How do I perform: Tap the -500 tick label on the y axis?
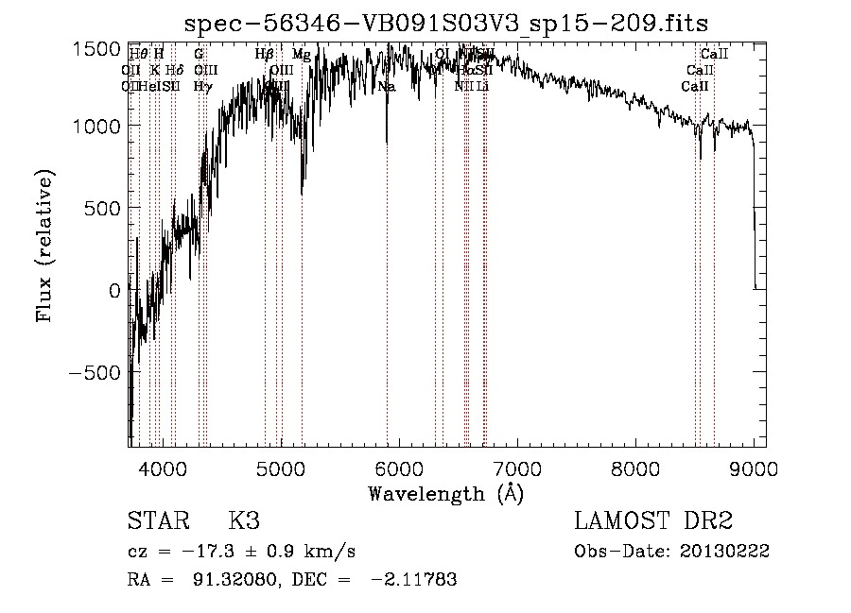[95, 372]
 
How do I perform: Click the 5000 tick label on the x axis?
[280, 467]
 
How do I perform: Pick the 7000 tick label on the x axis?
[516, 467]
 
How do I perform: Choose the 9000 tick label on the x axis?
[754, 467]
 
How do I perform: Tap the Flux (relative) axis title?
[44, 245]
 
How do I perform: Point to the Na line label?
[387, 86]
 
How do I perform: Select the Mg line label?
[301, 55]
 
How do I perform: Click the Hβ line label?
[265, 55]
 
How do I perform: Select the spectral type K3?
[243, 522]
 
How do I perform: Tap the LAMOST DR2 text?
[653, 522]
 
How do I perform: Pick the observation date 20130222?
[729, 552]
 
